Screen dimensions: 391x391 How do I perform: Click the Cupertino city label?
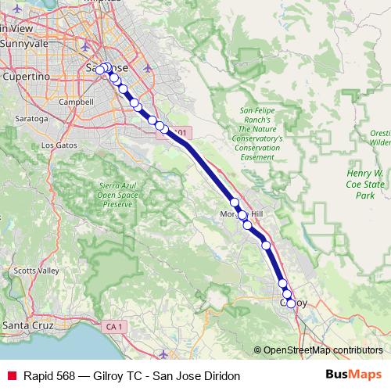click(27, 77)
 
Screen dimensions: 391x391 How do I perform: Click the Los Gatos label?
click(59, 145)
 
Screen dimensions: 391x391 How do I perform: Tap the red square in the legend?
click(11, 375)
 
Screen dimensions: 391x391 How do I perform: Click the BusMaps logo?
click(353, 375)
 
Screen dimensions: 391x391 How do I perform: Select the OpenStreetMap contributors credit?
click(322, 350)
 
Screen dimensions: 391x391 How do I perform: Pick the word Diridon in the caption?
click(220, 375)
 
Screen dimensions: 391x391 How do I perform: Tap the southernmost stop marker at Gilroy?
click(291, 303)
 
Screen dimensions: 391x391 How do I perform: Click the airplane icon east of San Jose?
click(148, 68)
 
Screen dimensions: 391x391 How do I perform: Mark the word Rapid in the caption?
click(38, 375)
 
